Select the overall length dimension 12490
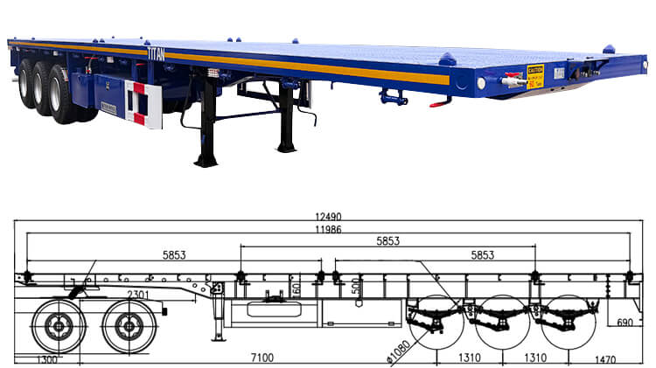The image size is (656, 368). click(328, 216)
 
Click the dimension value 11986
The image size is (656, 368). click(328, 229)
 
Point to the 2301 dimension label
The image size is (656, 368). click(137, 294)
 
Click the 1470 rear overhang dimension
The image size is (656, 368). click(604, 358)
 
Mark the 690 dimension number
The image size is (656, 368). click(625, 323)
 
